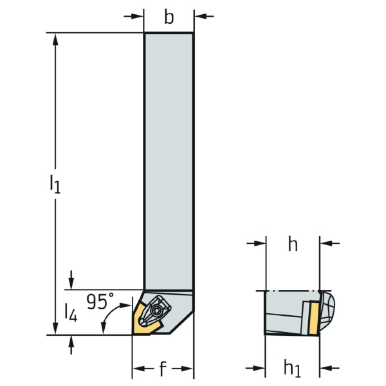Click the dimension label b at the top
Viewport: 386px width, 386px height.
tap(169, 17)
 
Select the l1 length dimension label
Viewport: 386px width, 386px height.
tap(55, 183)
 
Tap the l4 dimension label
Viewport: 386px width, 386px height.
tap(71, 313)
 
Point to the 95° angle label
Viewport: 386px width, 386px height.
tap(100, 301)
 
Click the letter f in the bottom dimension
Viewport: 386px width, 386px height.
tap(162, 368)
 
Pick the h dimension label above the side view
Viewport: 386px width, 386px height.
tap(293, 244)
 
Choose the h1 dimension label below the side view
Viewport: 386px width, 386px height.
tap(293, 368)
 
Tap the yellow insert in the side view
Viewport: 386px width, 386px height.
tap(315, 318)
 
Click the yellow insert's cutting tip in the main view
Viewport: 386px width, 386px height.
tap(133, 334)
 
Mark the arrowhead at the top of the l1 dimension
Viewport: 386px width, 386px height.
tap(56, 39)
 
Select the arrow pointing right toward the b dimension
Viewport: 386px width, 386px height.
tap(133, 17)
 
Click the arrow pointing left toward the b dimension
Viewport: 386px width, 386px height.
tap(205, 17)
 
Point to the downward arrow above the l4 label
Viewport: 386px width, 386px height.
tap(71, 280)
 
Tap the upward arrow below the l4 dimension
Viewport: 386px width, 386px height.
tap(71, 345)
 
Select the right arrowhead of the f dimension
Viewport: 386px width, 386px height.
tap(186, 369)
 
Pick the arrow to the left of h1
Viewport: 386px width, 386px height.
tap(255, 369)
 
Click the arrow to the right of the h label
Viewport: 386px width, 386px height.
tap(330, 243)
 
